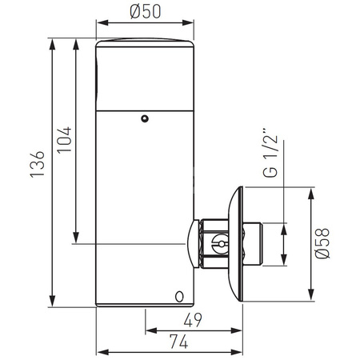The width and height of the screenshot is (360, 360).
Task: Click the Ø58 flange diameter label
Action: click(x=322, y=243)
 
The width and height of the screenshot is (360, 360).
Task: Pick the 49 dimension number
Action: click(x=193, y=320)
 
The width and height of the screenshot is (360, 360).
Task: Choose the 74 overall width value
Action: click(x=179, y=342)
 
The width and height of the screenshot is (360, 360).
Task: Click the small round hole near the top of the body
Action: click(x=145, y=118)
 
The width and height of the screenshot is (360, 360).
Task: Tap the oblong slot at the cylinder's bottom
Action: click(x=179, y=297)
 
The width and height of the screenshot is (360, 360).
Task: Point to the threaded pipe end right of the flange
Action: click(x=254, y=244)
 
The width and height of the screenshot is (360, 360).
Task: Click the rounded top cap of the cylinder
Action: click(x=144, y=44)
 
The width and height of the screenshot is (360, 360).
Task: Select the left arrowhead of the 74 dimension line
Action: click(x=100, y=351)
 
